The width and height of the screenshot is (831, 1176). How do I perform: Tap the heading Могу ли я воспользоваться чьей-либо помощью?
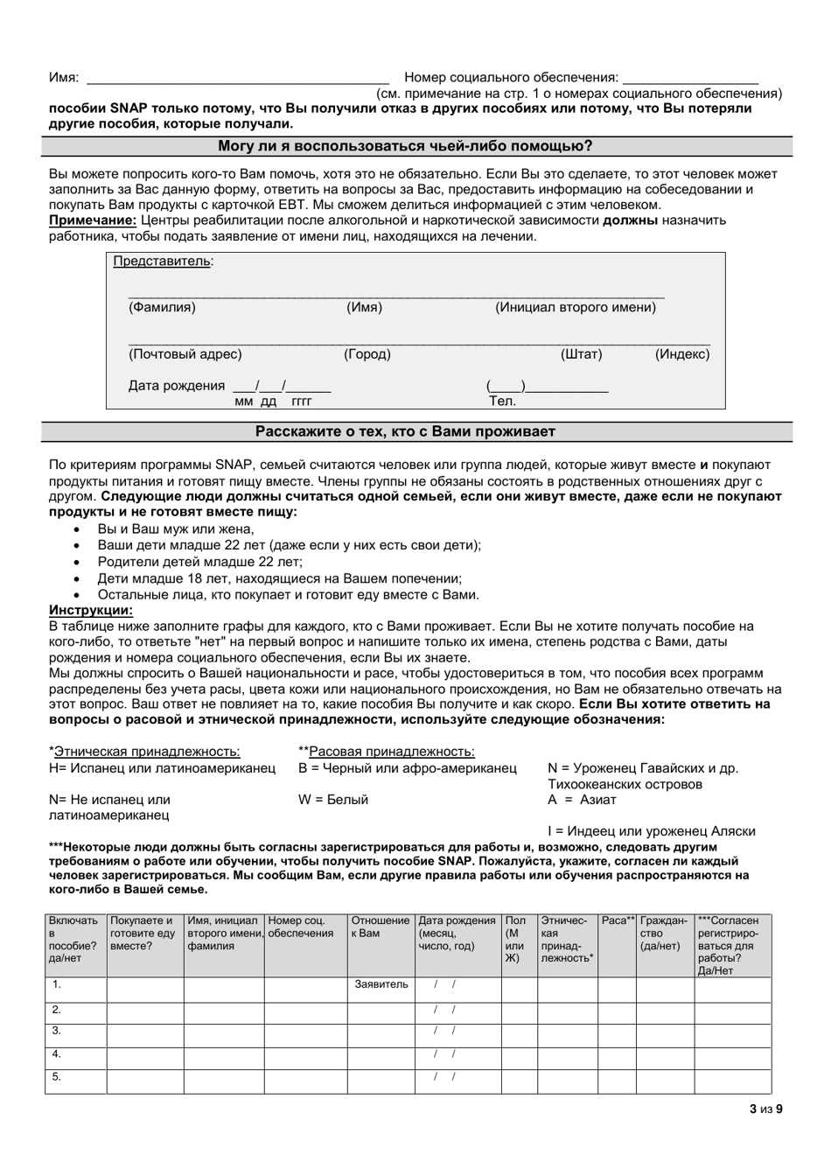pyautogui.click(x=416, y=146)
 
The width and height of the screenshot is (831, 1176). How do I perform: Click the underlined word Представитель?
pyautogui.click(x=163, y=261)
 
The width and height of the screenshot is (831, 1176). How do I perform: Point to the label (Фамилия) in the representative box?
pyautogui.click(x=163, y=307)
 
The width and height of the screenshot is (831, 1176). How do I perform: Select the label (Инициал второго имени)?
pyautogui.click(x=576, y=307)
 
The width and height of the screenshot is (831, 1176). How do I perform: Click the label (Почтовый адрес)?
pyautogui.click(x=185, y=354)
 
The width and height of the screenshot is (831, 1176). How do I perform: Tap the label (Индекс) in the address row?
pyautogui.click(x=682, y=354)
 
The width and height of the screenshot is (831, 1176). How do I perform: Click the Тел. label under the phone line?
pyautogui.click(x=502, y=402)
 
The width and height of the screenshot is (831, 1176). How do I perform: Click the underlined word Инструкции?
pyautogui.click(x=91, y=611)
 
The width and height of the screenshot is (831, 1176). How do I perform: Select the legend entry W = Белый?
pyautogui.click(x=333, y=800)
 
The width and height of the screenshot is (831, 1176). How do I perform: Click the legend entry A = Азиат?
pyautogui.click(x=583, y=800)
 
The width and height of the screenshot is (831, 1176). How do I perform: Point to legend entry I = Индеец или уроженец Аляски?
pyautogui.click(x=652, y=831)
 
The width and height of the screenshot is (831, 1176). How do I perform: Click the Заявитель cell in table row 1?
pyautogui.click(x=381, y=984)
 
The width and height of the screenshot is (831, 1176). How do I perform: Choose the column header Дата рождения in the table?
pyautogui.click(x=457, y=920)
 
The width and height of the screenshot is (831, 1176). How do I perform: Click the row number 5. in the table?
pyautogui.click(x=57, y=1077)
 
